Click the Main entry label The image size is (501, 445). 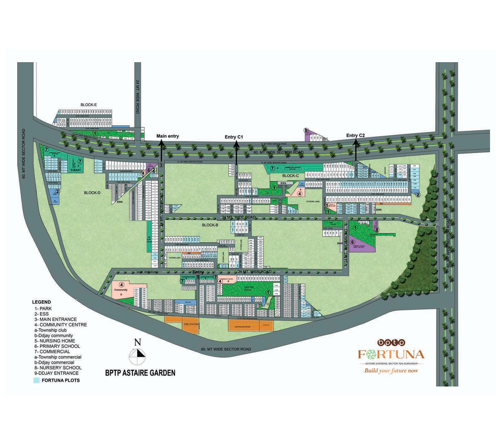pos(168,136)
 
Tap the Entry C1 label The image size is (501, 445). pos(234,137)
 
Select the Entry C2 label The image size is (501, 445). pos(355,136)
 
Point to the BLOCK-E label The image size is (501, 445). pos(89,105)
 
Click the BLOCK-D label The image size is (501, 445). pos(92,193)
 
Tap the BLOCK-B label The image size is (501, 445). pos(210,224)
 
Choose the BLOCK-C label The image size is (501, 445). pos(290,175)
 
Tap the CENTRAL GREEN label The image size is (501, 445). pos(247,288)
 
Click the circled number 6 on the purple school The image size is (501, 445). pos(352,242)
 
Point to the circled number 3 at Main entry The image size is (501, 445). pos(161,166)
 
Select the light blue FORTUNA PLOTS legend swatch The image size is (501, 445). pos(37,380)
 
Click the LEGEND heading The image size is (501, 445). pos(41,302)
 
